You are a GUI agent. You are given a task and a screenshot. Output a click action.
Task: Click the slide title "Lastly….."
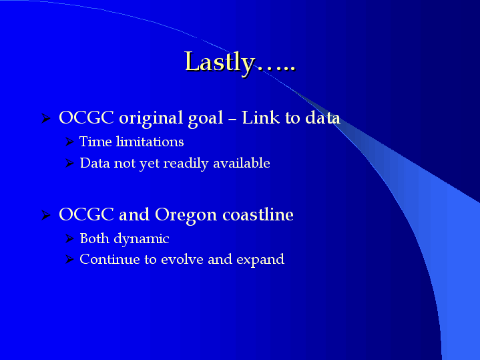(x=240, y=63)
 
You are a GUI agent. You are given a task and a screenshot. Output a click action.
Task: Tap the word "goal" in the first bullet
(x=206, y=119)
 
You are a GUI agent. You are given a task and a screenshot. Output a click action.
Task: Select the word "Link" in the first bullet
(x=260, y=118)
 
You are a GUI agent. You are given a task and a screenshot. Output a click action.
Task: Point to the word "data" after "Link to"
(x=322, y=118)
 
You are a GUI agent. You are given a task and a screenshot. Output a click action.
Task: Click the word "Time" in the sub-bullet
(x=95, y=142)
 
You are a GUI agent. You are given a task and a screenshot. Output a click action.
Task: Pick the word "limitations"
(x=150, y=142)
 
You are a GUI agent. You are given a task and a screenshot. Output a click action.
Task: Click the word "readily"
(x=186, y=164)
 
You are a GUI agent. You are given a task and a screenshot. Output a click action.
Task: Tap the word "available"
(x=242, y=163)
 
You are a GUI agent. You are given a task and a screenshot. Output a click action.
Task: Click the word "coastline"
(x=258, y=214)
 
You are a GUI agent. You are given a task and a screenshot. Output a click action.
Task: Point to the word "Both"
(x=94, y=238)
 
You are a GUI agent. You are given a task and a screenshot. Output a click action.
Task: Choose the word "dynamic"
(x=142, y=239)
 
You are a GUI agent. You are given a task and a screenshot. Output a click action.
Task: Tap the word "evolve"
(x=182, y=260)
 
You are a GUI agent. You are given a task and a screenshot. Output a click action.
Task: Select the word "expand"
(x=260, y=260)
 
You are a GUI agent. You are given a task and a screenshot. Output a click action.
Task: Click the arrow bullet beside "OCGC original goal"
(x=46, y=118)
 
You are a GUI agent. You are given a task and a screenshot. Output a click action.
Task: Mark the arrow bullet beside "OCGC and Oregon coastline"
(x=46, y=215)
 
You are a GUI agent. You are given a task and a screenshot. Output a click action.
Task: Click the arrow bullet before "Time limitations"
(x=70, y=142)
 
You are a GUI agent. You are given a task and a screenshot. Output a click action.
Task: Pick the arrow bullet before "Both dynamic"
(x=70, y=238)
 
